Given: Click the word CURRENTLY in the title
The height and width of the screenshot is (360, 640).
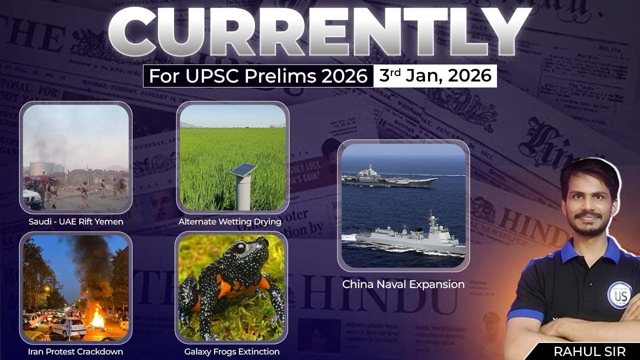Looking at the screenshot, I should (x=320, y=32).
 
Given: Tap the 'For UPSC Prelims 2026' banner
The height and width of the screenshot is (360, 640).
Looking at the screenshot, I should (x=258, y=76).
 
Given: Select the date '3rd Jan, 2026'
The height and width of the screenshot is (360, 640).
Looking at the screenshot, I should (x=435, y=76).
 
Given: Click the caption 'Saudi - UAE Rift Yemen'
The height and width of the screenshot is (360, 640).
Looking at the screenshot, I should (x=75, y=221).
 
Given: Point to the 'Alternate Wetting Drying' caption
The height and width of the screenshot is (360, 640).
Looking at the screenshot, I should (x=229, y=221).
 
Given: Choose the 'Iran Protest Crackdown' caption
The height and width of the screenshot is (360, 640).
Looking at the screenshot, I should (x=75, y=351).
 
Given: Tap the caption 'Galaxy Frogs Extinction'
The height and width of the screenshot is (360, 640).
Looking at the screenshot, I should (x=231, y=351).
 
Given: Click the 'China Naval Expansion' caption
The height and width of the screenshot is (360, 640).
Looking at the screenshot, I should (x=403, y=284).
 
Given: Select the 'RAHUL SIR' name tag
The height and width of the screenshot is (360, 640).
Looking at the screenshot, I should (x=589, y=351).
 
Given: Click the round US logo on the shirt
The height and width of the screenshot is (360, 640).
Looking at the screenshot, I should (x=619, y=295).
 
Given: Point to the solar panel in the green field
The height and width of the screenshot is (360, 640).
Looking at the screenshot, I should (x=243, y=170).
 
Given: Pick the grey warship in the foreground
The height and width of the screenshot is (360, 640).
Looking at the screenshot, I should (x=410, y=240).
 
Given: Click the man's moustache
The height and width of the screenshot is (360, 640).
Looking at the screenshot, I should (x=588, y=215).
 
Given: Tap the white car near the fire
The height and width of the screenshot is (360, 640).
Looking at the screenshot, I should (x=67, y=327).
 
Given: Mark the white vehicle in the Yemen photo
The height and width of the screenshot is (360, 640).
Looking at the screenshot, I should (x=31, y=198).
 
